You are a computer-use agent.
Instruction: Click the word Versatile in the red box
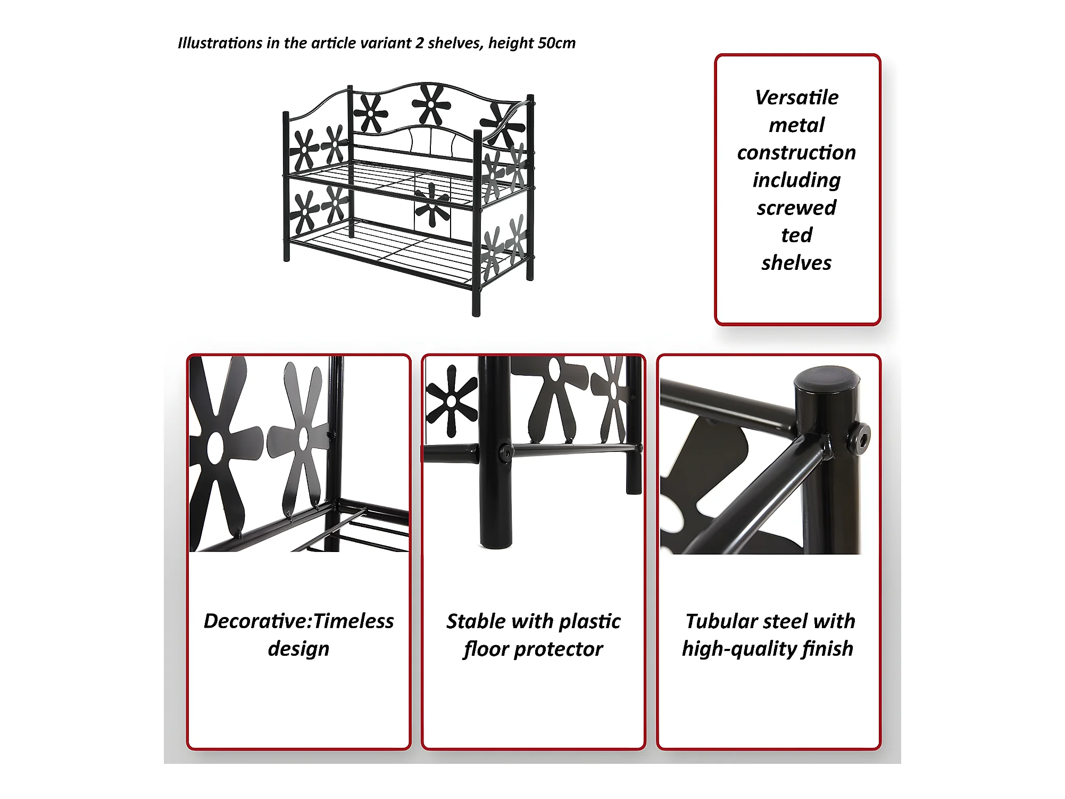pyautogui.click(x=796, y=97)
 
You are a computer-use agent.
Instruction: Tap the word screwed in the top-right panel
pyautogui.click(x=796, y=208)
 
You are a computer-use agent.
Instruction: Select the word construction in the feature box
pyautogui.click(x=796, y=153)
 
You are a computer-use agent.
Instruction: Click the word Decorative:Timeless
pyautogui.click(x=298, y=621)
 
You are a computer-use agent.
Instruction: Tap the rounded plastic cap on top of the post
pyautogui.click(x=827, y=380)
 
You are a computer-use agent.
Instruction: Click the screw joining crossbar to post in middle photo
pyautogui.click(x=505, y=452)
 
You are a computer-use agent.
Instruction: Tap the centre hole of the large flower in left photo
pyautogui.click(x=215, y=447)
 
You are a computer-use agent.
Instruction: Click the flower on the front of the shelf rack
pyautogui.click(x=432, y=204)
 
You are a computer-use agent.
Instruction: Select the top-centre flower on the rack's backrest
pyautogui.click(x=431, y=104)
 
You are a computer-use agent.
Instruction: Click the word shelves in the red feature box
pyautogui.click(x=796, y=263)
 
